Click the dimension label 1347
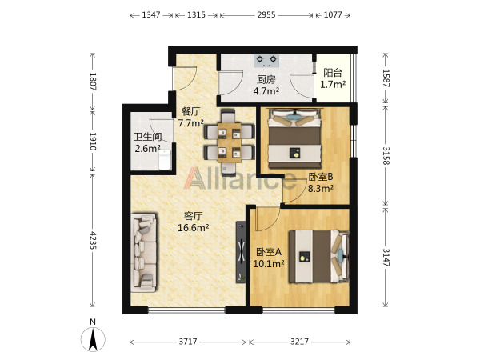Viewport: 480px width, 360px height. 151,14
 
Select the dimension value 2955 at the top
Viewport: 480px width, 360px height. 266,14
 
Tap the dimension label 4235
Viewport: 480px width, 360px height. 93,240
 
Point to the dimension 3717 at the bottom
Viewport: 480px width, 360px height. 188,342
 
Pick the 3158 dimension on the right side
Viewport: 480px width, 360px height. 386,156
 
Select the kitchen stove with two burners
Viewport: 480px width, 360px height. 266,61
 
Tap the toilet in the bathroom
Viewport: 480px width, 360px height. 165,159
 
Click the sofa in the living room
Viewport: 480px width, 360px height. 143,253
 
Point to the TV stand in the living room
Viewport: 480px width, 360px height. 241,252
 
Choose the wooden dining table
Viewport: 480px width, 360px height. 230,142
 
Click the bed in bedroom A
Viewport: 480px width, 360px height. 319,257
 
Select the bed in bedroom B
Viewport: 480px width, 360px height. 294,138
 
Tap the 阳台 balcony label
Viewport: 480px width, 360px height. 333,73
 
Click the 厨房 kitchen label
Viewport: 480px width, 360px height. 266,79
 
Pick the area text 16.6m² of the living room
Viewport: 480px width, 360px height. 194,227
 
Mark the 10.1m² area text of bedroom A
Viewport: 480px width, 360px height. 269,263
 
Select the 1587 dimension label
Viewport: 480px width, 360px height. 386,78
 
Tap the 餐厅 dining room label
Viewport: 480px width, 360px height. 190,111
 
